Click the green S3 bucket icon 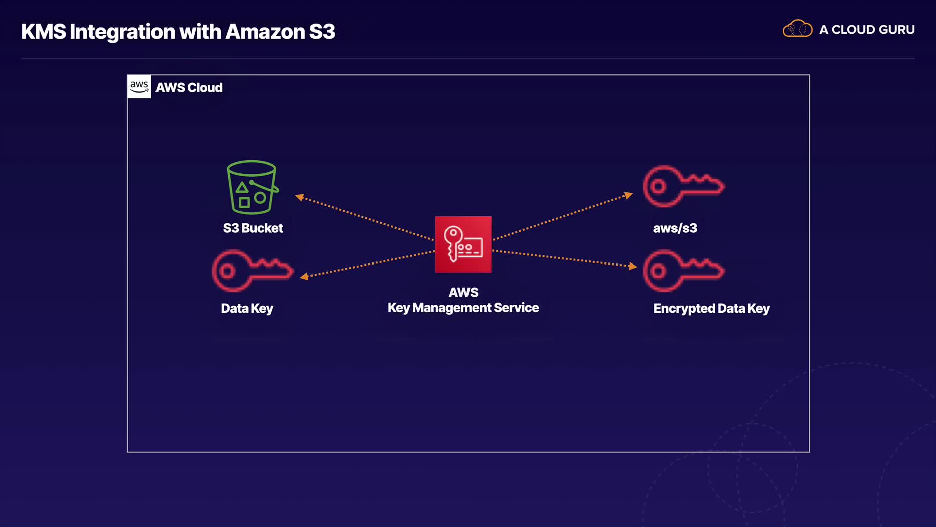pyautogui.click(x=252, y=187)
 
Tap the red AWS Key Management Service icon pyautogui.click(x=463, y=244)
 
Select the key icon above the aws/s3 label pyautogui.click(x=683, y=186)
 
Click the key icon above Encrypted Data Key pyautogui.click(x=683, y=271)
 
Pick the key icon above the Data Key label pyautogui.click(x=252, y=271)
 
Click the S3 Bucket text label pyautogui.click(x=253, y=228)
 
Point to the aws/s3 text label pyautogui.click(x=675, y=228)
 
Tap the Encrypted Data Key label pyautogui.click(x=711, y=308)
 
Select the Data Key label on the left pyautogui.click(x=247, y=308)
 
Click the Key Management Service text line pyautogui.click(x=463, y=308)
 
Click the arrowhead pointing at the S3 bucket pyautogui.click(x=300, y=197)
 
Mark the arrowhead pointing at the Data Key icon pyautogui.click(x=304, y=276)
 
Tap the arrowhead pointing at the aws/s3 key pyautogui.click(x=628, y=195)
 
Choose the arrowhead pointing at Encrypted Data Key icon pyautogui.click(x=633, y=266)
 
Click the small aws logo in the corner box pyautogui.click(x=139, y=86)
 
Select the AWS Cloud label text pyautogui.click(x=189, y=88)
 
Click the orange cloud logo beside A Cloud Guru pyautogui.click(x=797, y=29)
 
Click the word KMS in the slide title pyautogui.click(x=44, y=32)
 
